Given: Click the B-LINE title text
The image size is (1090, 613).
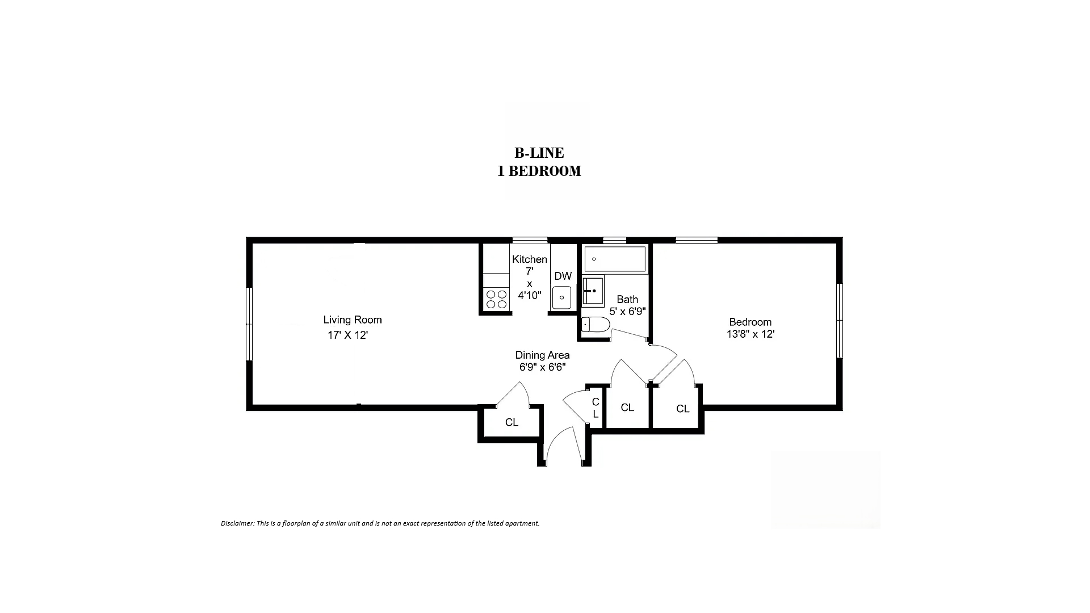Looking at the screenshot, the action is tap(539, 153).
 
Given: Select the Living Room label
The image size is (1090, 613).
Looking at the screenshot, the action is tap(353, 320).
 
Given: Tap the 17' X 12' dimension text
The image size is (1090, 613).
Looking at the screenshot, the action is tap(348, 335).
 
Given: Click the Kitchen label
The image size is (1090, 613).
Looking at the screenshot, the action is tap(530, 259).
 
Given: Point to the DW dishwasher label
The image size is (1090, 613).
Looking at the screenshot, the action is tap(563, 276).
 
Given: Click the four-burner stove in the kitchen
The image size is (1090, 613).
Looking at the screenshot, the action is tap(496, 299).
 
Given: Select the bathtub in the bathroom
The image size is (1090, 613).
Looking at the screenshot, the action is tap(615, 259).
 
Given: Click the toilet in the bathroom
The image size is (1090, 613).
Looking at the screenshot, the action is tap(596, 325).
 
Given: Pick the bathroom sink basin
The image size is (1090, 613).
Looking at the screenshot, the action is tap(593, 291).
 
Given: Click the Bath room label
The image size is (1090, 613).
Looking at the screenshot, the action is tap(627, 299).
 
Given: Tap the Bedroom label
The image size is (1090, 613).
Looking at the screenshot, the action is tap(751, 322).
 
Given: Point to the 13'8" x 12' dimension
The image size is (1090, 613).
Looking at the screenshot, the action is tap(751, 334).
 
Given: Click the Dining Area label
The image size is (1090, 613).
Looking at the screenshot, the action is tap(542, 355).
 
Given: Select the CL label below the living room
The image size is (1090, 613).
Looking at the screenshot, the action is tap(512, 422).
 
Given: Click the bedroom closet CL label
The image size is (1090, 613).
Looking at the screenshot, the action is tap(682, 409).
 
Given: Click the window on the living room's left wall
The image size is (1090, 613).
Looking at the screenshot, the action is tap(249, 324).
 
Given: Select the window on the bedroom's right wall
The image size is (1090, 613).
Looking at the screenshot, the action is tap(840, 321).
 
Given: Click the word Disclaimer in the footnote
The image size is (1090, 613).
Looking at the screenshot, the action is tap(237, 523).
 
